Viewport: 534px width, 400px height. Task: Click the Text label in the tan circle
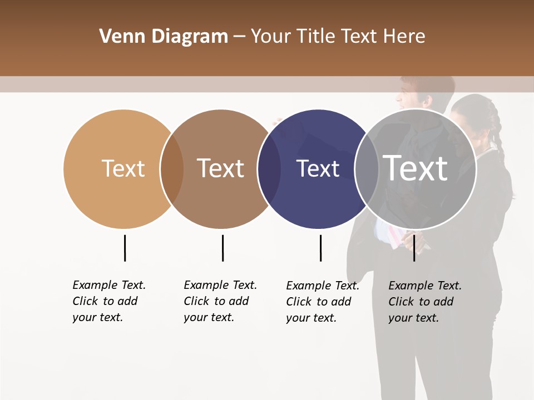(123, 168)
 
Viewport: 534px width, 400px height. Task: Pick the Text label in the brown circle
(221, 168)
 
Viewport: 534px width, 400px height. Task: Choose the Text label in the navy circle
(318, 168)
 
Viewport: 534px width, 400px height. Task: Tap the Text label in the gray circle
(416, 168)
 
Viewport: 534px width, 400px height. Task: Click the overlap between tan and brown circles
(172, 169)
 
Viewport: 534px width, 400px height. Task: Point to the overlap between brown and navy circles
(269, 169)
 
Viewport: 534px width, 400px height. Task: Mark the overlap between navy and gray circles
(367, 169)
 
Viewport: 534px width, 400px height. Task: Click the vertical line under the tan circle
(125, 248)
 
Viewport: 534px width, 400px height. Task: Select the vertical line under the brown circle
(222, 248)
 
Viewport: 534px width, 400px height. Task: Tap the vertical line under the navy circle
(320, 248)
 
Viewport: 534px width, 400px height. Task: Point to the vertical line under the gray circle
(414, 248)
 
